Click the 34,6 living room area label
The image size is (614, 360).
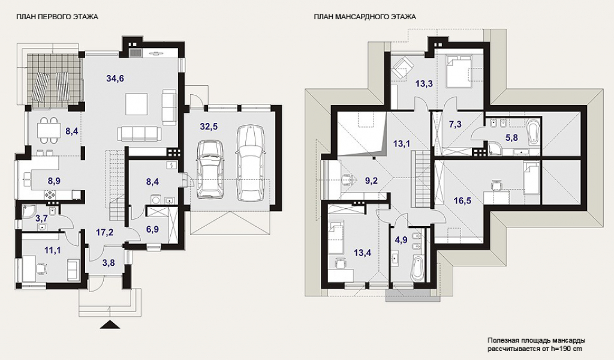click(115, 79)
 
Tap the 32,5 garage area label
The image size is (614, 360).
click(209, 127)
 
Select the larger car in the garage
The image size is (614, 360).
click(250, 163)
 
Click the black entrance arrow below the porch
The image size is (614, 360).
click(111, 325)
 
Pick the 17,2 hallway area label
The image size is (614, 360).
click(104, 232)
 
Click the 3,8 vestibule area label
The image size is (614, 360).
click(109, 263)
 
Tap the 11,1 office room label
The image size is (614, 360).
click(52, 250)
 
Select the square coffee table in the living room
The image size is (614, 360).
click(137, 104)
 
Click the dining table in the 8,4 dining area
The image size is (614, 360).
click(49, 130)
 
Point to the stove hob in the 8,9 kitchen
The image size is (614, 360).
click(50, 194)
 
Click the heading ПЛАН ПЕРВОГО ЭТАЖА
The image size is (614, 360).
click(57, 17)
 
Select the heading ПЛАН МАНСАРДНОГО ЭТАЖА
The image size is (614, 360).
click(365, 17)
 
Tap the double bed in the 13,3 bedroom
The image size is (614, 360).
click(459, 71)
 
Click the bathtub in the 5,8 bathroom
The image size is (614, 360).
click(533, 134)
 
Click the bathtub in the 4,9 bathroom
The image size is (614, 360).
click(418, 269)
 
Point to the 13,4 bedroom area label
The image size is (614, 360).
click(362, 253)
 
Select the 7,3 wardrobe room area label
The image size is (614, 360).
click(455, 125)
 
